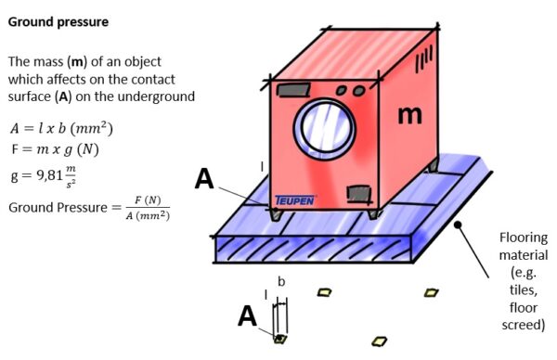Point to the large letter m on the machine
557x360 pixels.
409,114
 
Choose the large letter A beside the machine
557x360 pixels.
205,178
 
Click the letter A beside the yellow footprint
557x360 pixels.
247,316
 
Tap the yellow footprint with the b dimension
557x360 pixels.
278,339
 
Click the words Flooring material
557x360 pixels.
524,246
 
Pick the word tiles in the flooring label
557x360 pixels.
524,290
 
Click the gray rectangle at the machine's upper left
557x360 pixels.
291,90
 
